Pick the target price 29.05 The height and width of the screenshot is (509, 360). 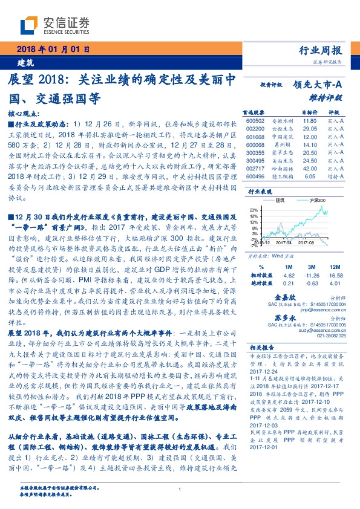[x=310, y=129]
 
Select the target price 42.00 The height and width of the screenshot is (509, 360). [x=310, y=170]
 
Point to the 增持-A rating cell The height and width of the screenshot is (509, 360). [x=336, y=178]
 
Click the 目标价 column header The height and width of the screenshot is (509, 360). [x=310, y=112]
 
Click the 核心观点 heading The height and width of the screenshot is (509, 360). [x=24, y=113]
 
